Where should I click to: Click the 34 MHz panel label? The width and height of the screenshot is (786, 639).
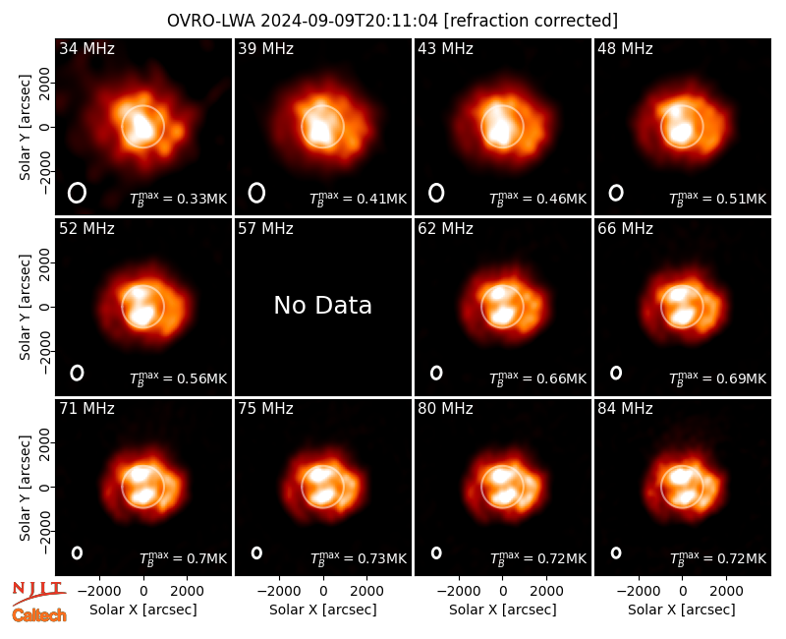click(86, 48)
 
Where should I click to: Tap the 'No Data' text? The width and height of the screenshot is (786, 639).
click(323, 305)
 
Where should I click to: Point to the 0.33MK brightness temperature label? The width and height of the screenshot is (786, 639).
click(179, 199)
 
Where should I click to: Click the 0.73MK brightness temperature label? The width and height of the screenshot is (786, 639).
click(359, 557)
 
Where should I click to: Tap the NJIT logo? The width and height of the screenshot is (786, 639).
click(38, 593)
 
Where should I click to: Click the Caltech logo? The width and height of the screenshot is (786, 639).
click(39, 615)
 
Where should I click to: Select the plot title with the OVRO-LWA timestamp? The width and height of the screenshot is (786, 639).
click(392, 21)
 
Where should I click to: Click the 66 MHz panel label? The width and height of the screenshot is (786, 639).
click(625, 229)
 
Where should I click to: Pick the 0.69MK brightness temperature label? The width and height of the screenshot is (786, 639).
click(718, 378)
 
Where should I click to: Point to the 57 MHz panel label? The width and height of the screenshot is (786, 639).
click(265, 229)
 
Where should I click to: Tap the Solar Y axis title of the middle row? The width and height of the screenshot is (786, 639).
click(25, 307)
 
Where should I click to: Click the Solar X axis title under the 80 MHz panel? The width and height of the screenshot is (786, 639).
click(503, 610)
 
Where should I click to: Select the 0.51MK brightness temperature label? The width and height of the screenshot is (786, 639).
click(718, 199)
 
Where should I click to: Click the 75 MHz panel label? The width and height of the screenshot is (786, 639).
click(265, 409)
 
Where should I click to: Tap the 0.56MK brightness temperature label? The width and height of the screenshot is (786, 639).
click(179, 378)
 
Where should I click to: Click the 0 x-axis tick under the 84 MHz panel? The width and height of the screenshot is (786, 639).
click(682, 592)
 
